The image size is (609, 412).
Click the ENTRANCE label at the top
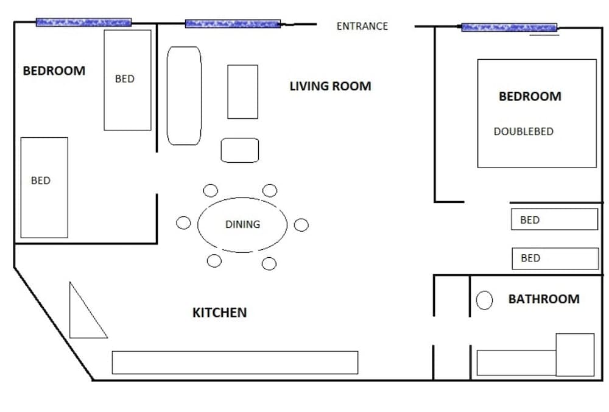pyautogui.click(x=362, y=26)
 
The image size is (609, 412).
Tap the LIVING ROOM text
pyautogui.click(x=330, y=86)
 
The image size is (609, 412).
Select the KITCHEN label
pyautogui.click(x=219, y=313)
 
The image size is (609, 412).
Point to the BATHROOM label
pyautogui.click(x=543, y=299)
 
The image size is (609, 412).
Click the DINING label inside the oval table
pyautogui.click(x=242, y=224)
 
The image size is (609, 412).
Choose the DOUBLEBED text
pyautogui.click(x=523, y=131)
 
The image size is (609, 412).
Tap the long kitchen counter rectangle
pyautogui.click(x=234, y=362)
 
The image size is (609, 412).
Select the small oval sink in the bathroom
pyautogui.click(x=484, y=300)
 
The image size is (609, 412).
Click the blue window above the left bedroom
pyautogui.click(x=83, y=23)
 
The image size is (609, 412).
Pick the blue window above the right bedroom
pyautogui.click(x=509, y=27)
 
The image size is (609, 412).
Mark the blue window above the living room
pyautogui.click(x=233, y=24)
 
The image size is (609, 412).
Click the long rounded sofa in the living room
pyautogui.click(x=184, y=96)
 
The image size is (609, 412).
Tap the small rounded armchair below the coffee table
pyautogui.click(x=240, y=150)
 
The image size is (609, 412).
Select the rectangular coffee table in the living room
pyautogui.click(x=242, y=91)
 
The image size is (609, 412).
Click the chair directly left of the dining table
pyautogui.click(x=183, y=222)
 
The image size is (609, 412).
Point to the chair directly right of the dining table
pyautogui.click(x=301, y=225)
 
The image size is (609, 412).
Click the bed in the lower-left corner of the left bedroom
pyautogui.click(x=44, y=187)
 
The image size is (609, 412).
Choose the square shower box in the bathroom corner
pyautogui.click(x=575, y=355)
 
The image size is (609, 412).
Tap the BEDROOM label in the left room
pyautogui.click(x=54, y=71)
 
